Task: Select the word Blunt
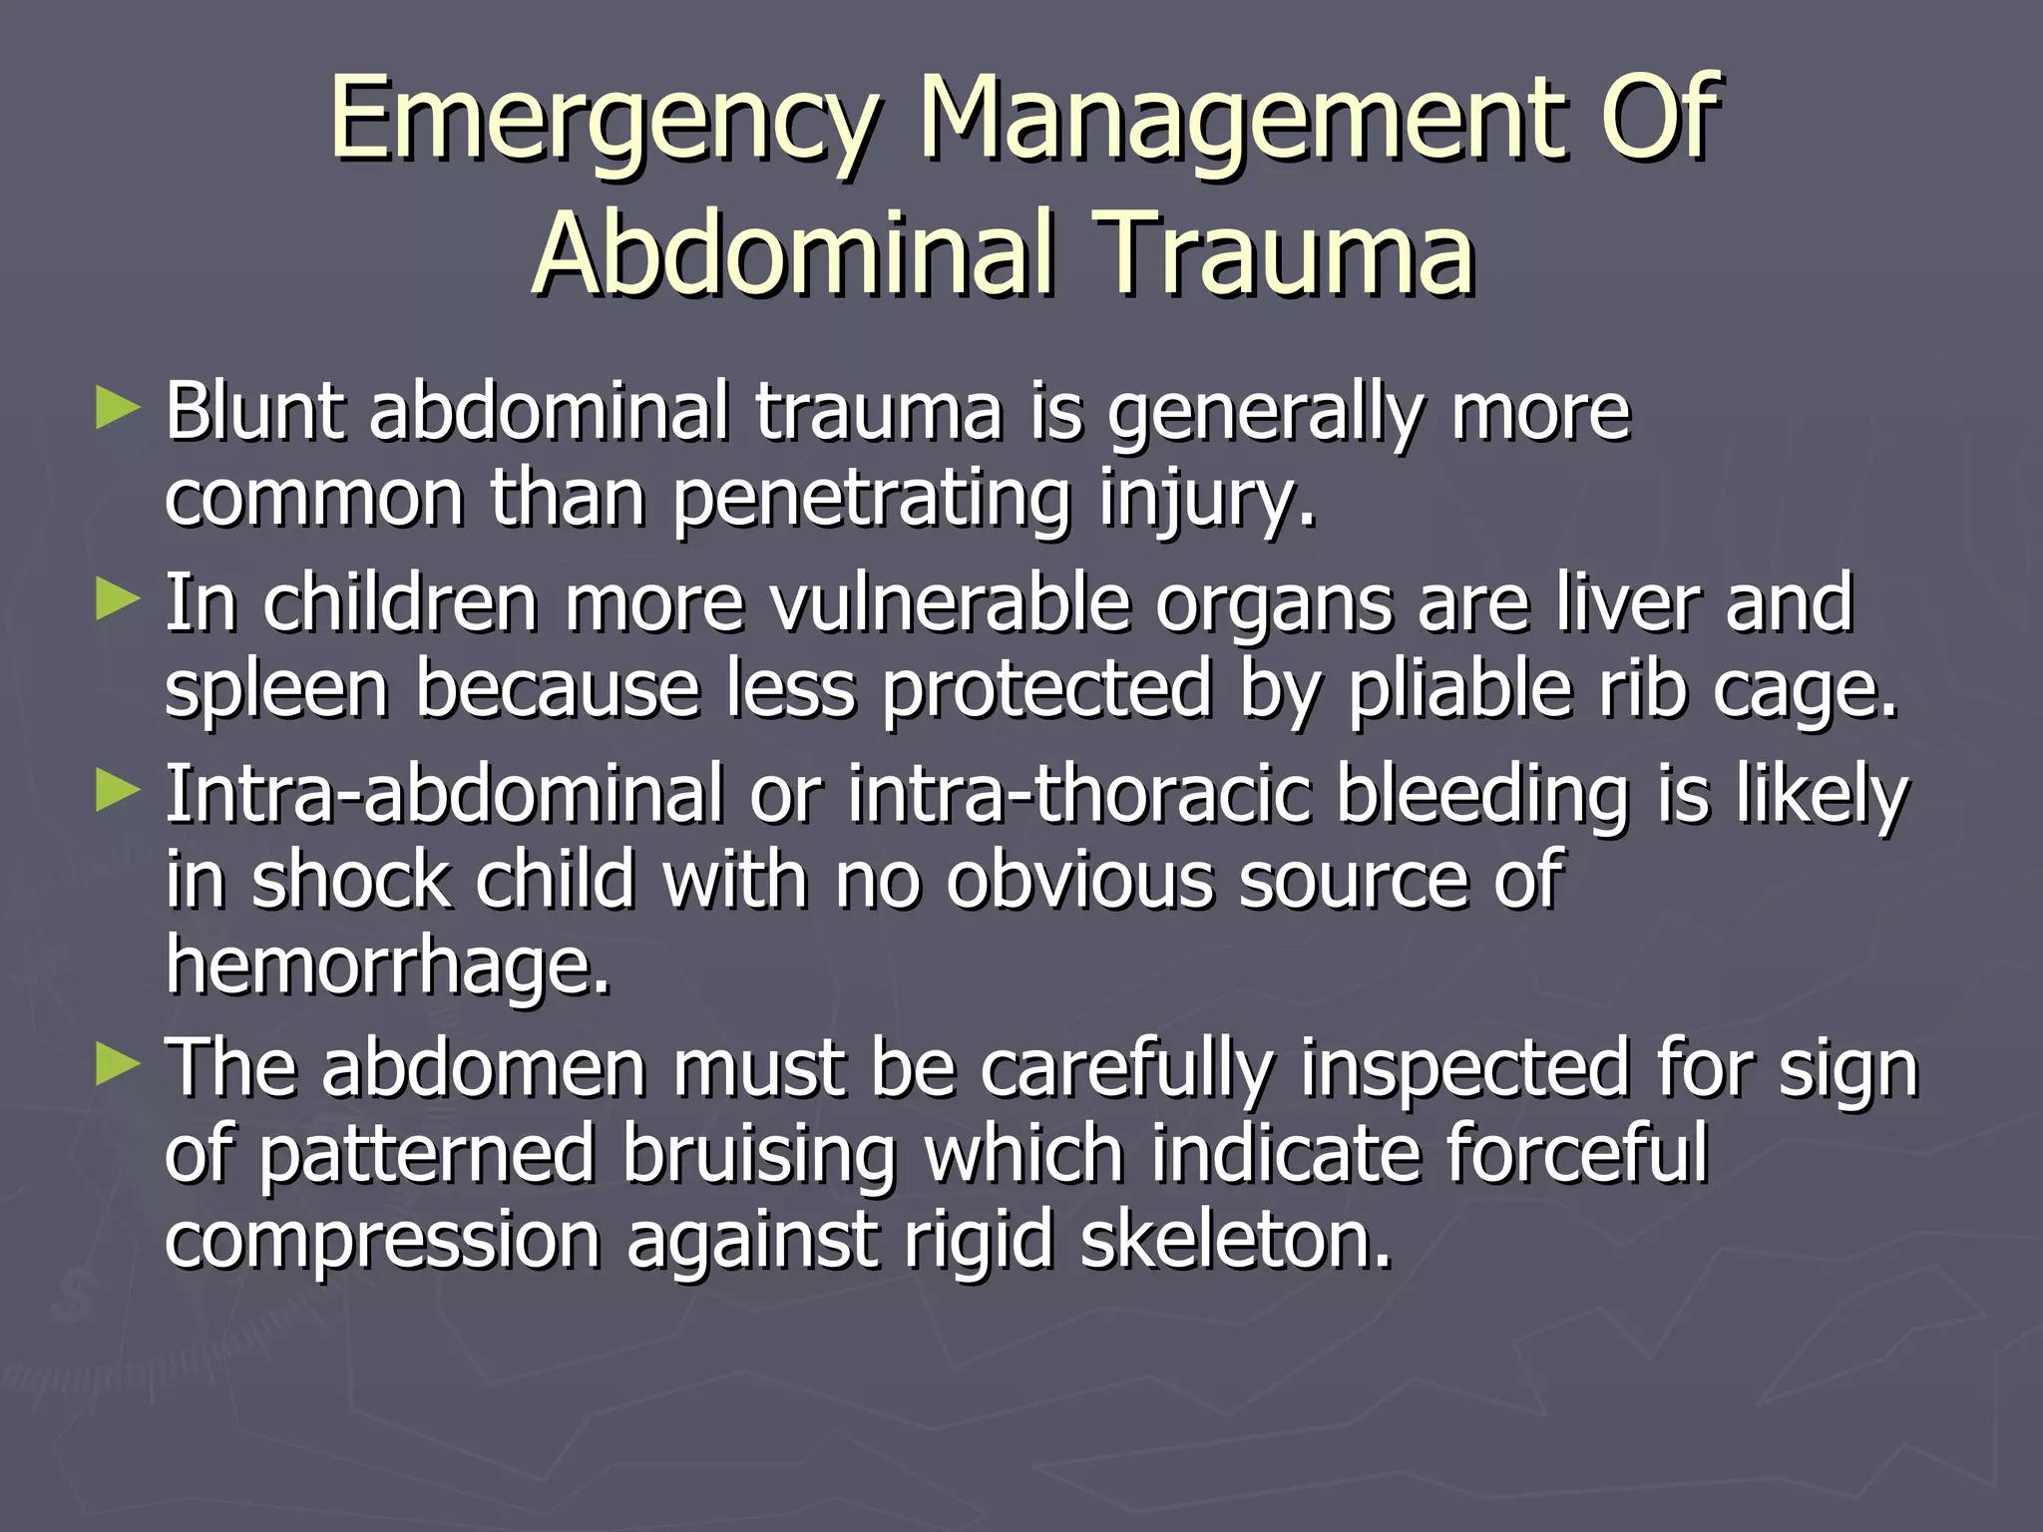tap(254, 410)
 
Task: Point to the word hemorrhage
tap(387, 966)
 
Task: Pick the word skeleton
tap(1236, 1240)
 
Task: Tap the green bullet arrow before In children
tap(118, 601)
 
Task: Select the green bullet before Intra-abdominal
tap(118, 793)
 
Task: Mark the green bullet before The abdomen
tap(118, 1066)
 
